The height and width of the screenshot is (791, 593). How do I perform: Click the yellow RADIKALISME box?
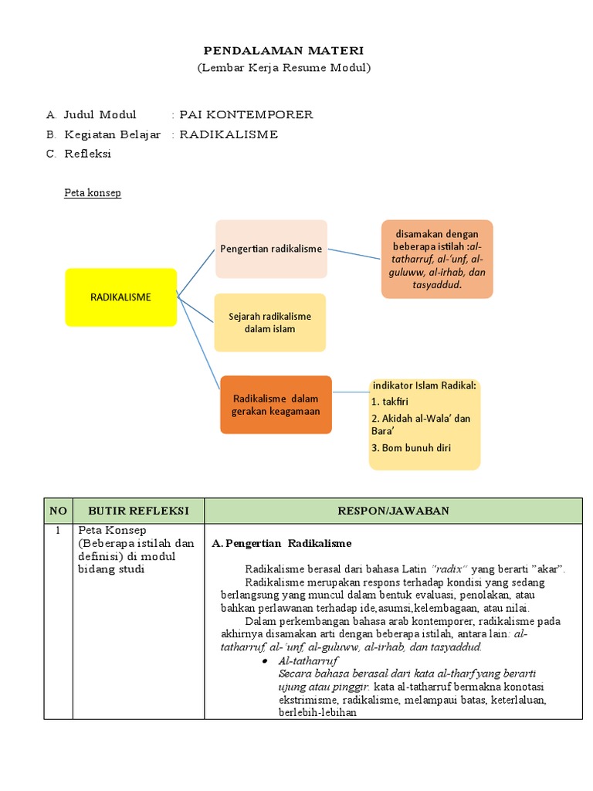pyautogui.click(x=121, y=297)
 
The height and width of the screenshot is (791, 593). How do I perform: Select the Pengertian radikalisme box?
pyautogui.click(x=271, y=249)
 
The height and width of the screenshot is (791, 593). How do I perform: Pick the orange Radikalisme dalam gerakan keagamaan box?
pyautogui.click(x=276, y=405)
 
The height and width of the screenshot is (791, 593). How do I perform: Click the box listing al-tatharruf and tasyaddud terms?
pyautogui.click(x=436, y=259)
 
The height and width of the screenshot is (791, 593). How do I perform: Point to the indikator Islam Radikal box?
pyautogui.click(x=425, y=423)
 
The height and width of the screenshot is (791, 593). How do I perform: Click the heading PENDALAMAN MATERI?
pyautogui.click(x=283, y=50)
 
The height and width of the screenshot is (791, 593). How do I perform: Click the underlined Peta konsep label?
pyautogui.click(x=92, y=193)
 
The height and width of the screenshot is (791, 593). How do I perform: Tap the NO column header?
pyautogui.click(x=58, y=511)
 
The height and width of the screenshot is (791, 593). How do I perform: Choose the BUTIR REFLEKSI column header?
pyautogui.click(x=138, y=511)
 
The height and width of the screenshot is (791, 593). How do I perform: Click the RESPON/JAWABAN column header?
pyautogui.click(x=393, y=511)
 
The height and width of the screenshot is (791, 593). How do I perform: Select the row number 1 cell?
pyautogui.click(x=58, y=532)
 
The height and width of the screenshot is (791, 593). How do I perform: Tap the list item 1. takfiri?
pyautogui.click(x=390, y=402)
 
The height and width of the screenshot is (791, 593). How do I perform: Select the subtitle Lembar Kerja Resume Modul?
pyautogui.click(x=283, y=68)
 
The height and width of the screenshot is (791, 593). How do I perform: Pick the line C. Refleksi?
pyautogui.click(x=78, y=154)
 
